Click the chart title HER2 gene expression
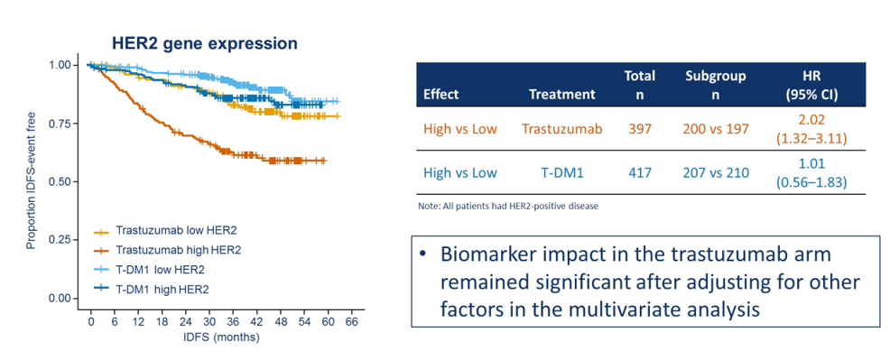pos(203,43)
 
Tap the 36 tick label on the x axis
pos(233,322)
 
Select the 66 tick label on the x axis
pos(351,322)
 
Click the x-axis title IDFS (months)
pos(222,337)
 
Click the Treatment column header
pos(562,95)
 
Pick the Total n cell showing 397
pos(639,129)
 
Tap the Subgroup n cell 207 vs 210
pos(715,173)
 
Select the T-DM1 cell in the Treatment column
pos(562,173)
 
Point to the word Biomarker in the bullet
pos(491,255)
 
